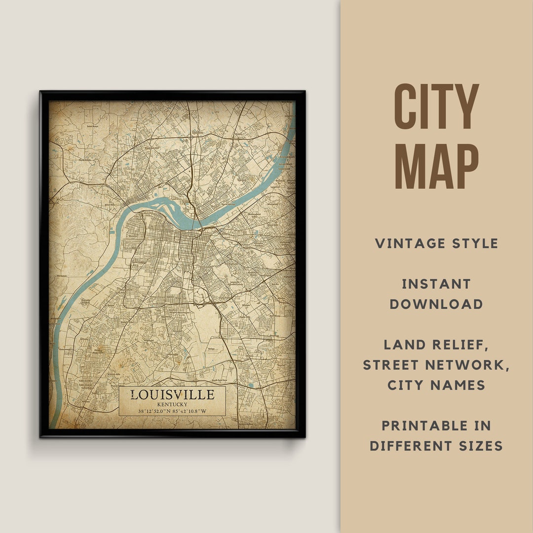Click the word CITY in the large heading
(x=436, y=107)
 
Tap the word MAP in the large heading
(x=436, y=167)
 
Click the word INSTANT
(x=436, y=284)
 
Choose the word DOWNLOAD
(x=436, y=304)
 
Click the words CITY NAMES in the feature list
(x=436, y=385)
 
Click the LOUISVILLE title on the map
(x=172, y=395)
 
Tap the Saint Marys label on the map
(x=93, y=126)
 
